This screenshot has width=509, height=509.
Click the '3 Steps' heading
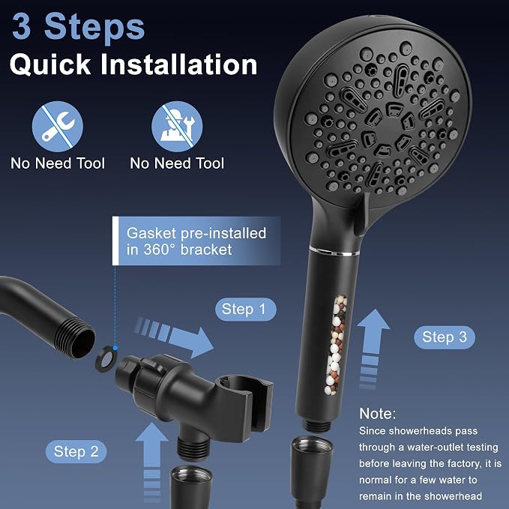(x=78, y=27)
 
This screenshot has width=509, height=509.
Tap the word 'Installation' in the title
(x=179, y=64)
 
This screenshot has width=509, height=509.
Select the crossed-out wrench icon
(x=58, y=127)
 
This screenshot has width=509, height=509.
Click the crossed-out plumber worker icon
(x=177, y=127)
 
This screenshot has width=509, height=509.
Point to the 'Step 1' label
(x=246, y=310)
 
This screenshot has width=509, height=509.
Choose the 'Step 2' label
(x=76, y=451)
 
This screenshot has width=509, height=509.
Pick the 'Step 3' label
(x=445, y=337)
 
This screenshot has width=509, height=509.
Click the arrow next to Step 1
(x=175, y=337)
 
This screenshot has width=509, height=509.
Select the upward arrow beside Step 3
(x=373, y=349)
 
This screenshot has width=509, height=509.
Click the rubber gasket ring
(x=106, y=359)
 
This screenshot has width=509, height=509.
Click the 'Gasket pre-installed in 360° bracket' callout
(x=196, y=241)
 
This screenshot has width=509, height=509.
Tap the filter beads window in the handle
(x=336, y=345)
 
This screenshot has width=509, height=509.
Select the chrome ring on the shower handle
(x=334, y=250)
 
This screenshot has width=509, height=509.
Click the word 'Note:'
(x=378, y=414)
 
